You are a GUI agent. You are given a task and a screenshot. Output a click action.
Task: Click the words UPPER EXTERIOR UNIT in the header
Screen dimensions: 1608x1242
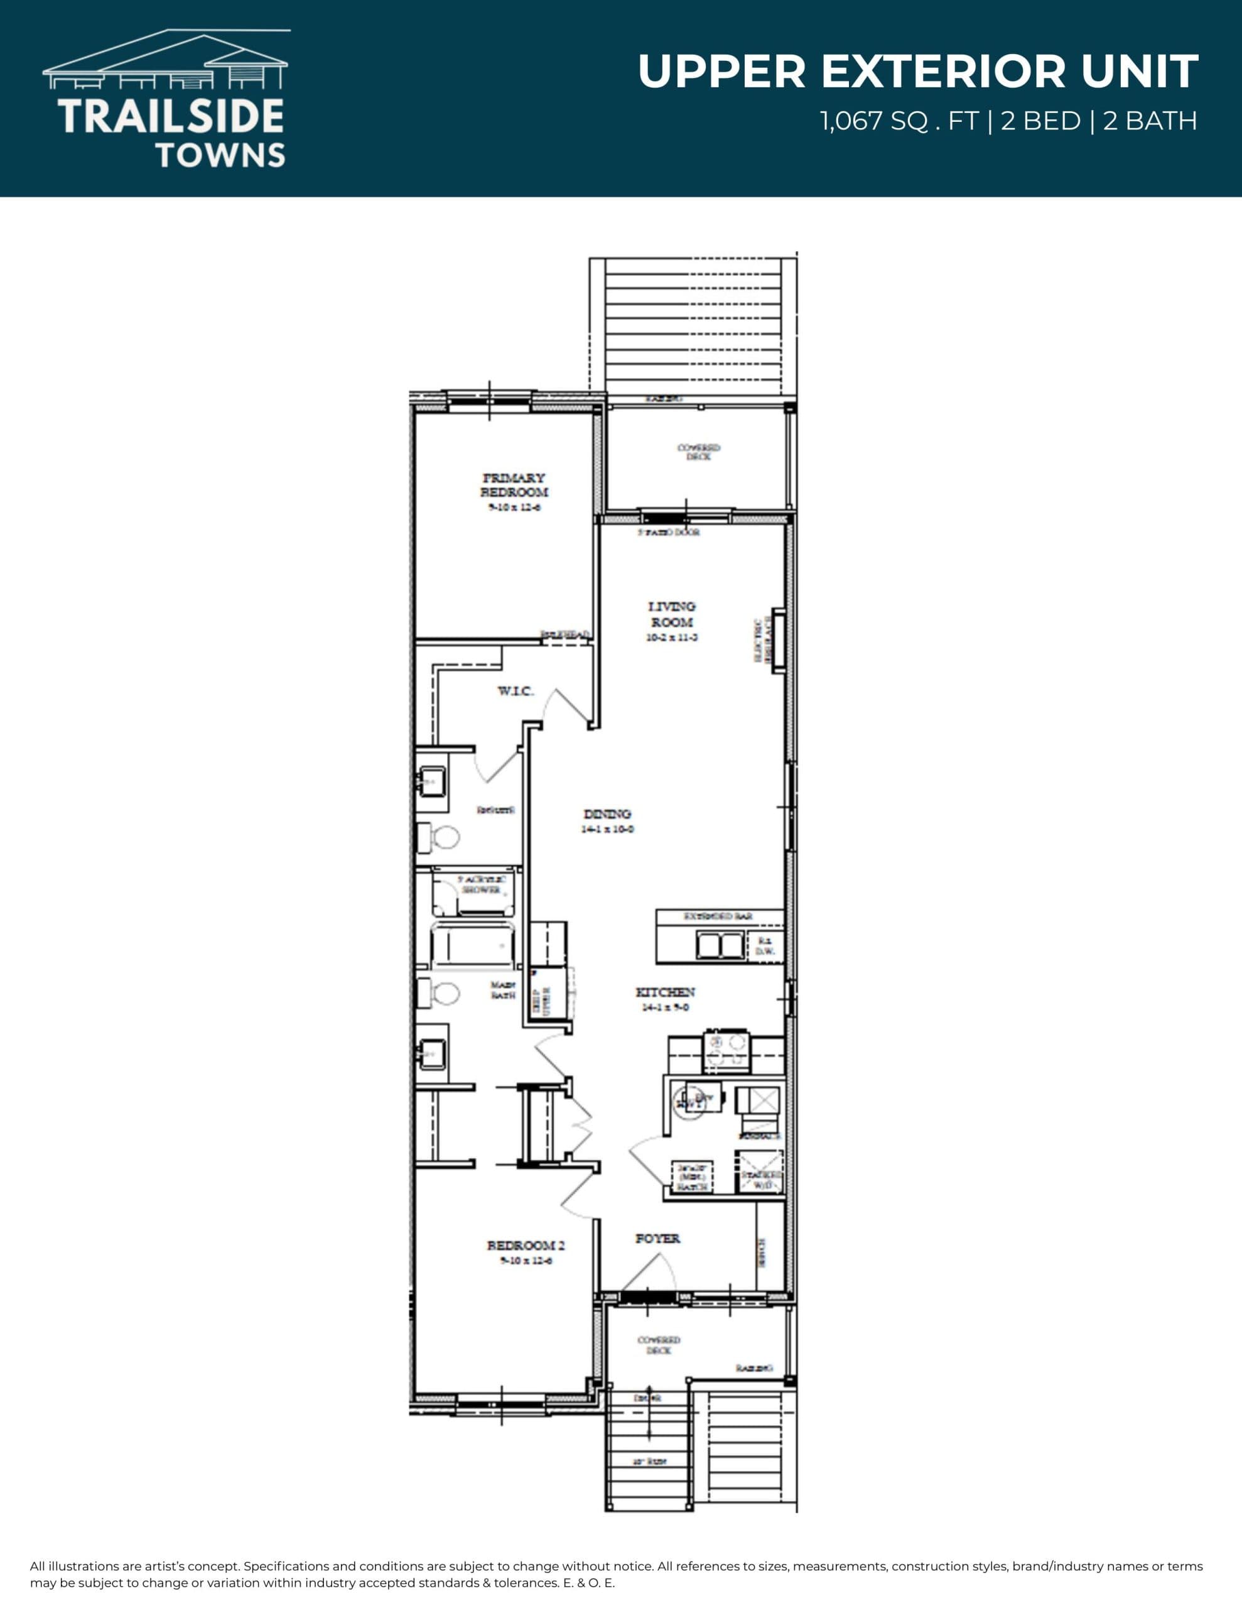point(917,72)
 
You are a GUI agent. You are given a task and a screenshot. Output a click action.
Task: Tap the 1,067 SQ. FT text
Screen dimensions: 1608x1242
point(898,121)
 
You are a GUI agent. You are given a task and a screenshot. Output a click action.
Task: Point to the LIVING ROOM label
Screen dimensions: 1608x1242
point(671,614)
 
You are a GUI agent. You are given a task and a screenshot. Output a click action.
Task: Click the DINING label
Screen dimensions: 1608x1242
point(607,814)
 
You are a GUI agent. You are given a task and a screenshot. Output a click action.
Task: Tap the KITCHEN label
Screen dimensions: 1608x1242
point(665,992)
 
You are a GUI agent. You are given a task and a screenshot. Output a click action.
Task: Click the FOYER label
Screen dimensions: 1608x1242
point(657,1239)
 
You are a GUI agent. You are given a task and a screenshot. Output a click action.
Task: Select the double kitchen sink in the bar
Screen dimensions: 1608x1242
point(720,945)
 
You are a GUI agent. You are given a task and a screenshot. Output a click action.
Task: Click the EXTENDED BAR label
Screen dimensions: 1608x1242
point(718,916)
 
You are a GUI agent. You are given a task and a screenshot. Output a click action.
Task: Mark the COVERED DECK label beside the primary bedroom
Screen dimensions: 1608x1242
point(699,452)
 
